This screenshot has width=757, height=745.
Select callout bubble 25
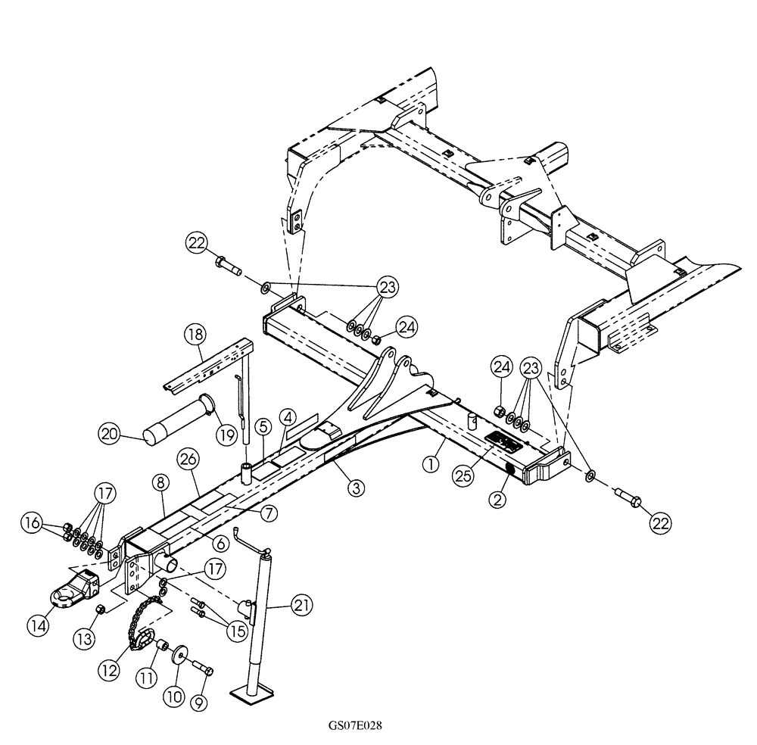[463, 475]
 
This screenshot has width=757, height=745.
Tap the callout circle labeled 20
[111, 434]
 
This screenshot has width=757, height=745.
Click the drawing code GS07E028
[354, 725]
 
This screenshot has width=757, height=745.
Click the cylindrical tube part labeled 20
[175, 425]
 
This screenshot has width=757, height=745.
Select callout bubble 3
[355, 487]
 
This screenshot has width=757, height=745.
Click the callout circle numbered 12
[110, 670]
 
